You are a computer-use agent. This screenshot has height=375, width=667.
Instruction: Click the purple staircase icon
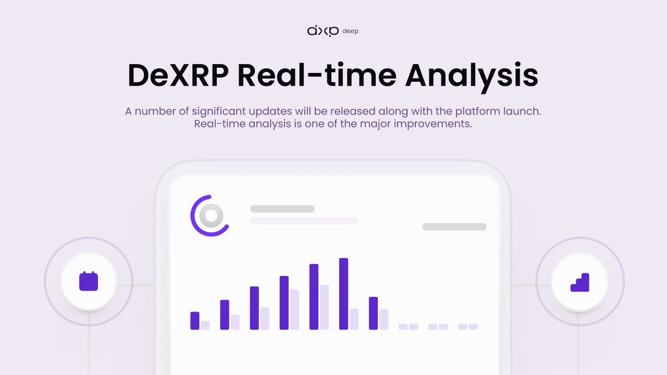point(580,282)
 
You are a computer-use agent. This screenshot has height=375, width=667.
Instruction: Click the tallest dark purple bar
point(344,294)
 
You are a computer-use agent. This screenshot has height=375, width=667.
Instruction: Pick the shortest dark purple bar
point(195,321)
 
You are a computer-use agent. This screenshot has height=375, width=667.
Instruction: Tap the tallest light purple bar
point(324,307)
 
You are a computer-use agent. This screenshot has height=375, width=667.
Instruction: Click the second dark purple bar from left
point(225,315)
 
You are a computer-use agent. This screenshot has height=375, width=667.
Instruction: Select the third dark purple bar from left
point(255,308)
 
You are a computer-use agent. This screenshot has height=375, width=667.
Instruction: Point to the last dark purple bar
point(374,313)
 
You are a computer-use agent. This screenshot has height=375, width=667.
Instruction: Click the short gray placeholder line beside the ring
point(282,209)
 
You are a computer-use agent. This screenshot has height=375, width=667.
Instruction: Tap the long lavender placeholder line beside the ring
point(303,221)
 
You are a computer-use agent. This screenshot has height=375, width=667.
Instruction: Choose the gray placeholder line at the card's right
point(454,227)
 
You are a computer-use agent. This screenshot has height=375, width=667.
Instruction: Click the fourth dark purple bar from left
point(284,303)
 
